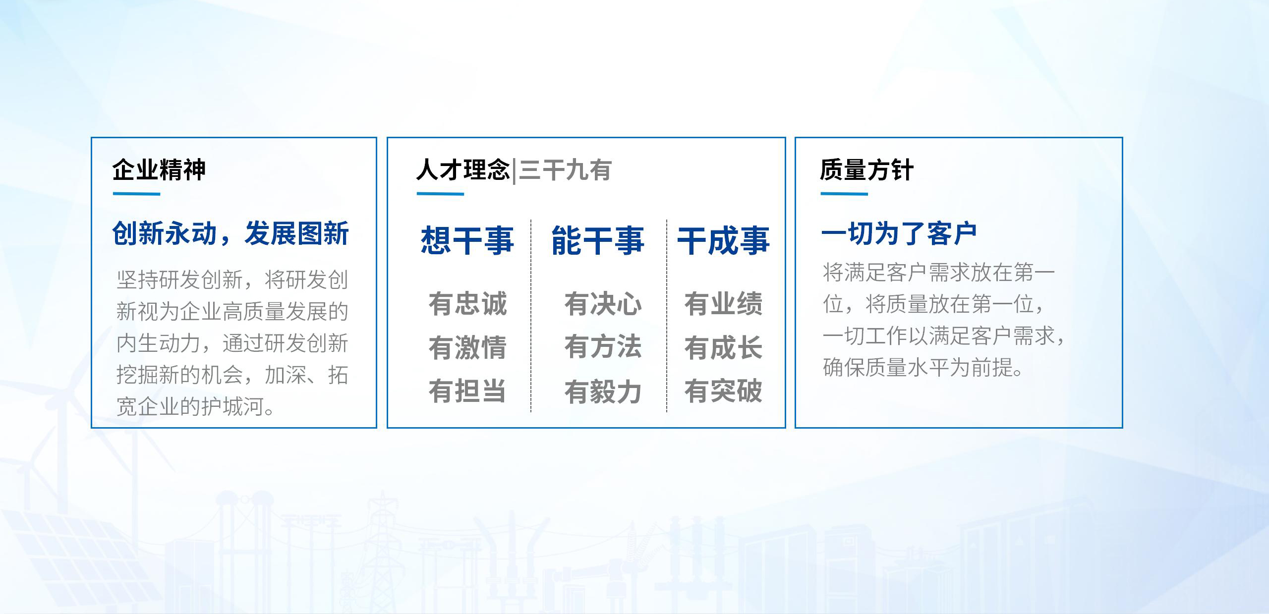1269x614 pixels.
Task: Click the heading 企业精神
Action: tap(159, 170)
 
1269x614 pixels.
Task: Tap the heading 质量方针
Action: tap(866, 170)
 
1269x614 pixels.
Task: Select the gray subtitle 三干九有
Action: tap(566, 170)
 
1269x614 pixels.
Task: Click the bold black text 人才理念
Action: tap(463, 170)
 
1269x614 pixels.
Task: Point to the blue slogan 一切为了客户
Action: tap(899, 233)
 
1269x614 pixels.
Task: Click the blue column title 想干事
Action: tap(467, 241)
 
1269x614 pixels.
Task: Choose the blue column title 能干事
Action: tap(598, 241)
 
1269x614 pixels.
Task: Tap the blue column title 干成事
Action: tap(724, 241)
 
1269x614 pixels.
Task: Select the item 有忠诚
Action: tap(467, 304)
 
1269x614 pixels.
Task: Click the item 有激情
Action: tap(467, 347)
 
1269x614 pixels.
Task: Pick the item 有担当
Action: tap(467, 391)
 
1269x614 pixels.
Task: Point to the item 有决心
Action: tap(603, 304)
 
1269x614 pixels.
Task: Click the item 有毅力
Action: tap(603, 391)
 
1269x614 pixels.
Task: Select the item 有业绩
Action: tap(724, 304)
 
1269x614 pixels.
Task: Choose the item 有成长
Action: tap(724, 347)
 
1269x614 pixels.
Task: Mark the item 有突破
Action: tap(724, 391)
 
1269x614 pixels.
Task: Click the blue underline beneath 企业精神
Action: tap(136, 194)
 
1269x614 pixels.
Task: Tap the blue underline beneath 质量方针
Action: tap(844, 194)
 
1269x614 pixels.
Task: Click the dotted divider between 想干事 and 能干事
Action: tap(531, 316)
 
